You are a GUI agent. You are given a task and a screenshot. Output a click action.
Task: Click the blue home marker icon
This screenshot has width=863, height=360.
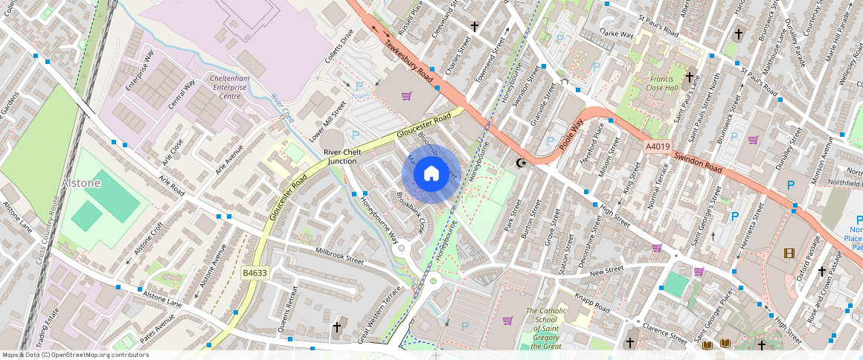pos(431,174)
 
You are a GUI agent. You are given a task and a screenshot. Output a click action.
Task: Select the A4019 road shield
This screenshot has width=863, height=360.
pos(658,147)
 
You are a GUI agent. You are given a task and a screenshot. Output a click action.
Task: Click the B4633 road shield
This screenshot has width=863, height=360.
pos(254,274)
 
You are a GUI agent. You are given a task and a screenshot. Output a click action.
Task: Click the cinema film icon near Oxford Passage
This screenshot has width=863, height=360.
pos(788,253)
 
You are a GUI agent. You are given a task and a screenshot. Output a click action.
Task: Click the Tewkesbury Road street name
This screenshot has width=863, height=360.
pos(408,60)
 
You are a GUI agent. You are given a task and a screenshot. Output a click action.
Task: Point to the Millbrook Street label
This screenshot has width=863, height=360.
pos(339,256)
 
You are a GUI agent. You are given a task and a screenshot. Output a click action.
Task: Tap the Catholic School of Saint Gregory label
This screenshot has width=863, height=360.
pos(546,328)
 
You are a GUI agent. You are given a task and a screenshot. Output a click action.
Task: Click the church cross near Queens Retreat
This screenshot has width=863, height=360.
pos(336,327)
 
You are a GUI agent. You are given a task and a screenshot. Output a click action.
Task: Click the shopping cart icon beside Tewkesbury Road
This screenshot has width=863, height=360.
pos(406,96)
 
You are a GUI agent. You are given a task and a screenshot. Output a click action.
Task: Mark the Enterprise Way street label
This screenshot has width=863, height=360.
pos(139,71)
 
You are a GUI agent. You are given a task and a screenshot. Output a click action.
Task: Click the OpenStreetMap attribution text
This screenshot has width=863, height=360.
pos(76,355)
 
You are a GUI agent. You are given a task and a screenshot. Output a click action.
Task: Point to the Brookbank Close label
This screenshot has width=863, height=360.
pos(411,213)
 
